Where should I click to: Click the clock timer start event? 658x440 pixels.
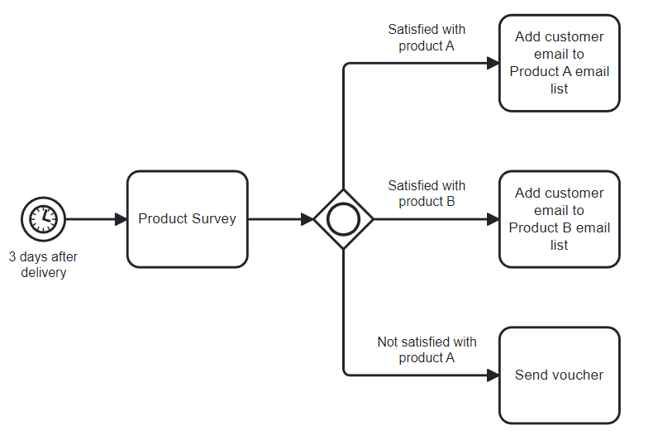point(43,219)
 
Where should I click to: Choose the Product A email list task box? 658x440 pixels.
point(559,62)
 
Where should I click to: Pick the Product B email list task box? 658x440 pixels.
point(559,218)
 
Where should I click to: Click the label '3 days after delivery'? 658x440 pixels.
point(43,265)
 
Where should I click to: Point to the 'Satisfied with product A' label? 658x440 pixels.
point(427,37)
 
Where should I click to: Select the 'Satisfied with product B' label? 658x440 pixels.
point(427,194)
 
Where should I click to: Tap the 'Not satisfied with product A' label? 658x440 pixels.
point(427,350)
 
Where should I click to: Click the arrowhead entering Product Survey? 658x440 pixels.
point(121,219)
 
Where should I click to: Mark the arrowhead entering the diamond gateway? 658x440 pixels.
point(307,219)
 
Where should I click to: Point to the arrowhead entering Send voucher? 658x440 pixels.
point(493,375)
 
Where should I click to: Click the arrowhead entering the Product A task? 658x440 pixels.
point(493,63)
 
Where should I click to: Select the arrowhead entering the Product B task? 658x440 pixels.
point(493,219)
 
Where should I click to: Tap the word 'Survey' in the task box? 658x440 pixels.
point(214,219)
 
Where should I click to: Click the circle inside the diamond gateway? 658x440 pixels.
point(343,219)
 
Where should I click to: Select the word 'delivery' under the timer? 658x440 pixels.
point(43,273)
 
